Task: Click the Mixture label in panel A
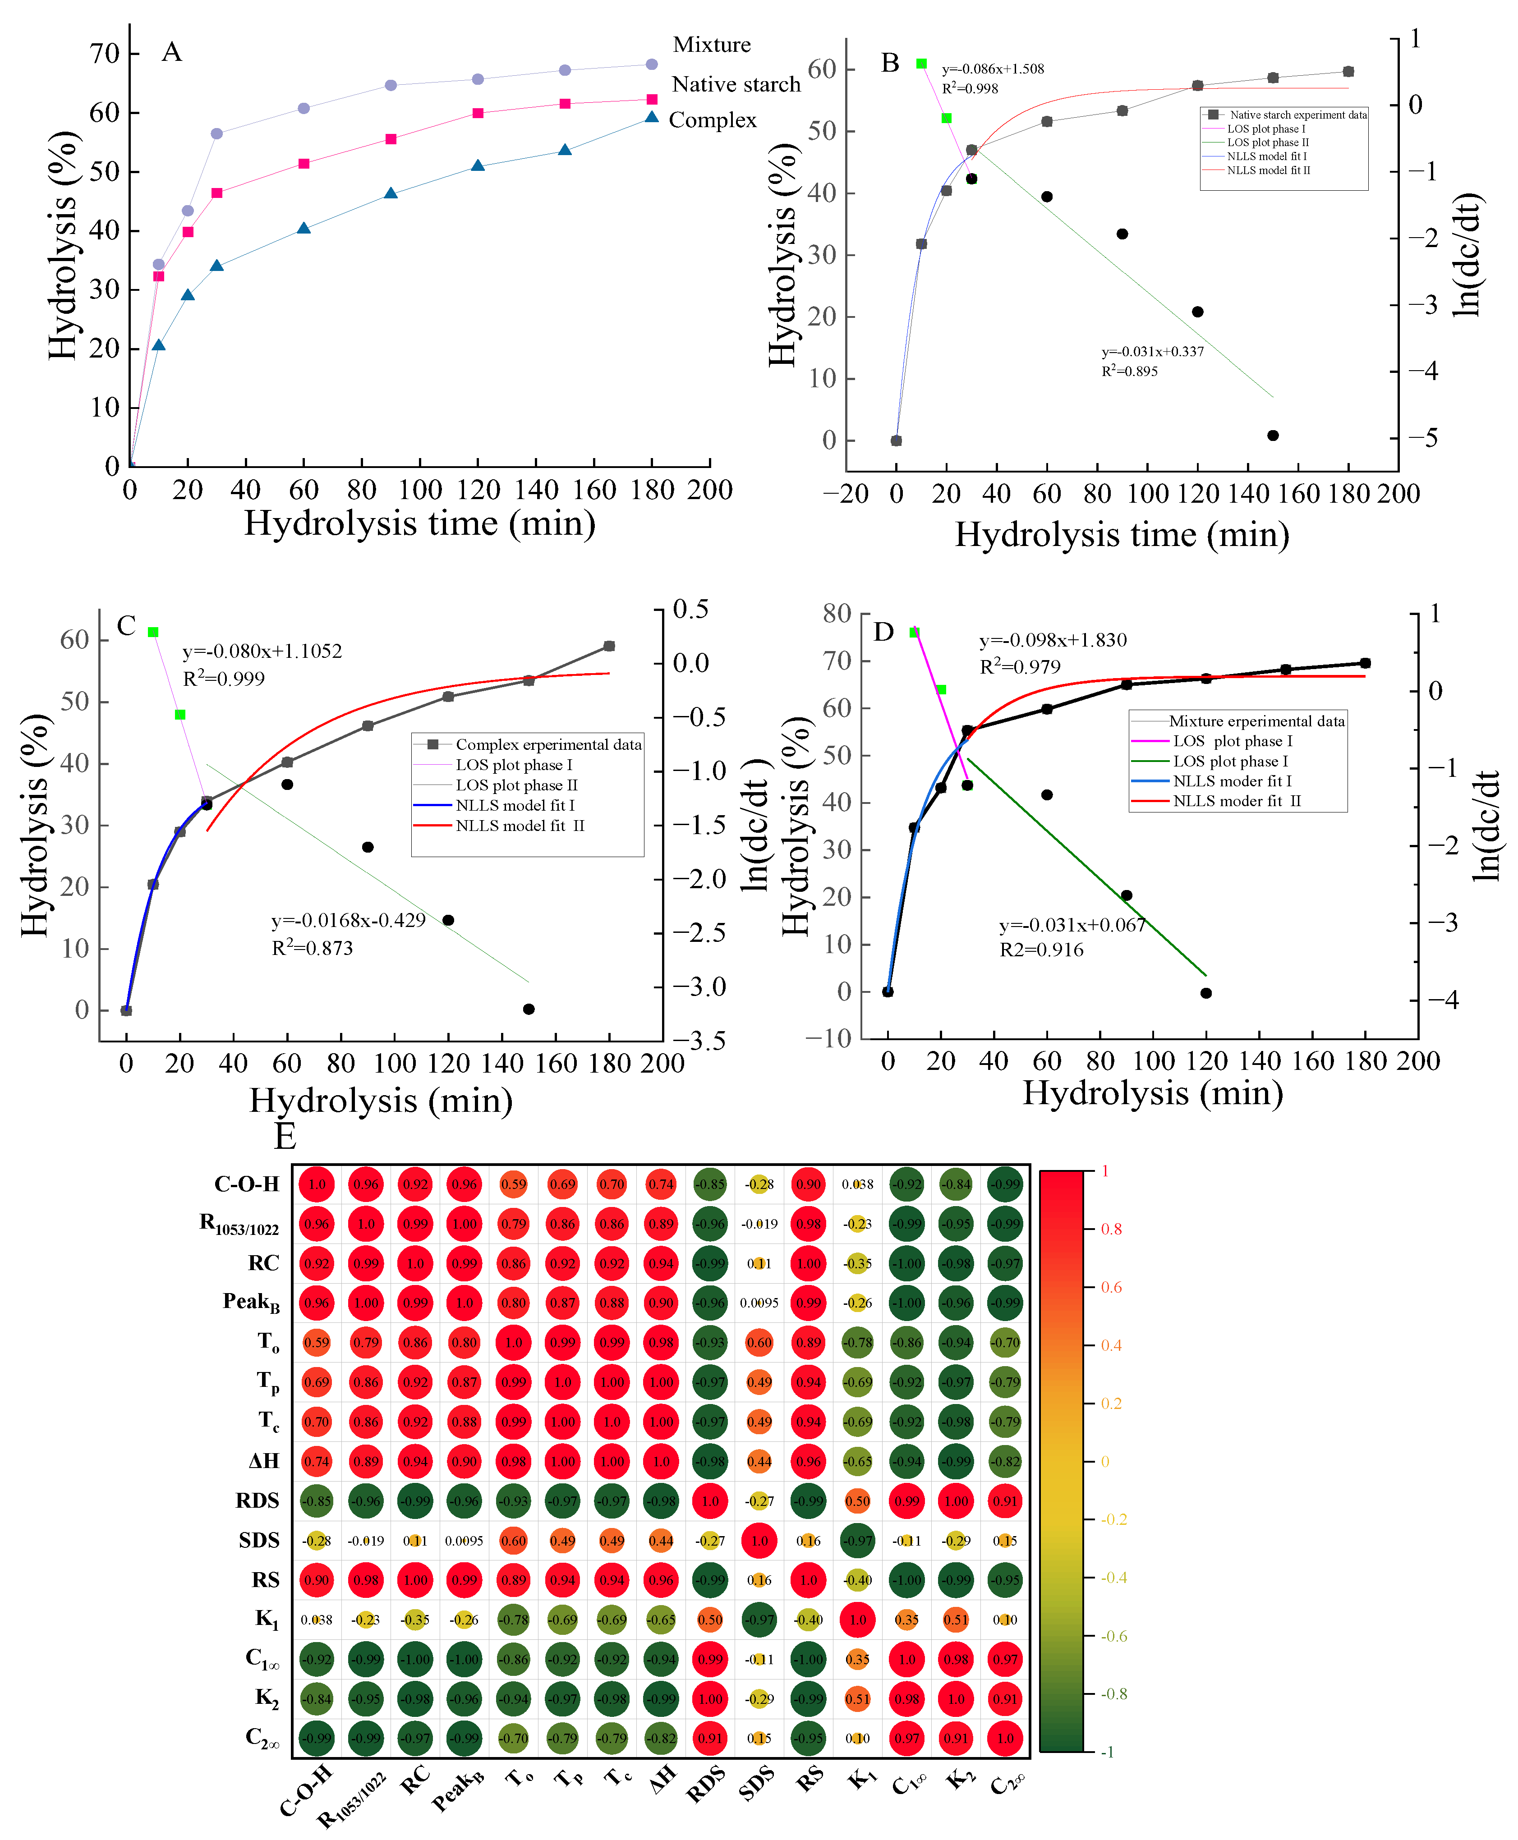coord(711,45)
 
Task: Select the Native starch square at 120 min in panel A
coord(478,113)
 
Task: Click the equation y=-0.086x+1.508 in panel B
coord(993,69)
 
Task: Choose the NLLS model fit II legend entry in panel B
coord(1268,170)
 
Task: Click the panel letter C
coord(126,626)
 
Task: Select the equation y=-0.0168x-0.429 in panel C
coord(348,920)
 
